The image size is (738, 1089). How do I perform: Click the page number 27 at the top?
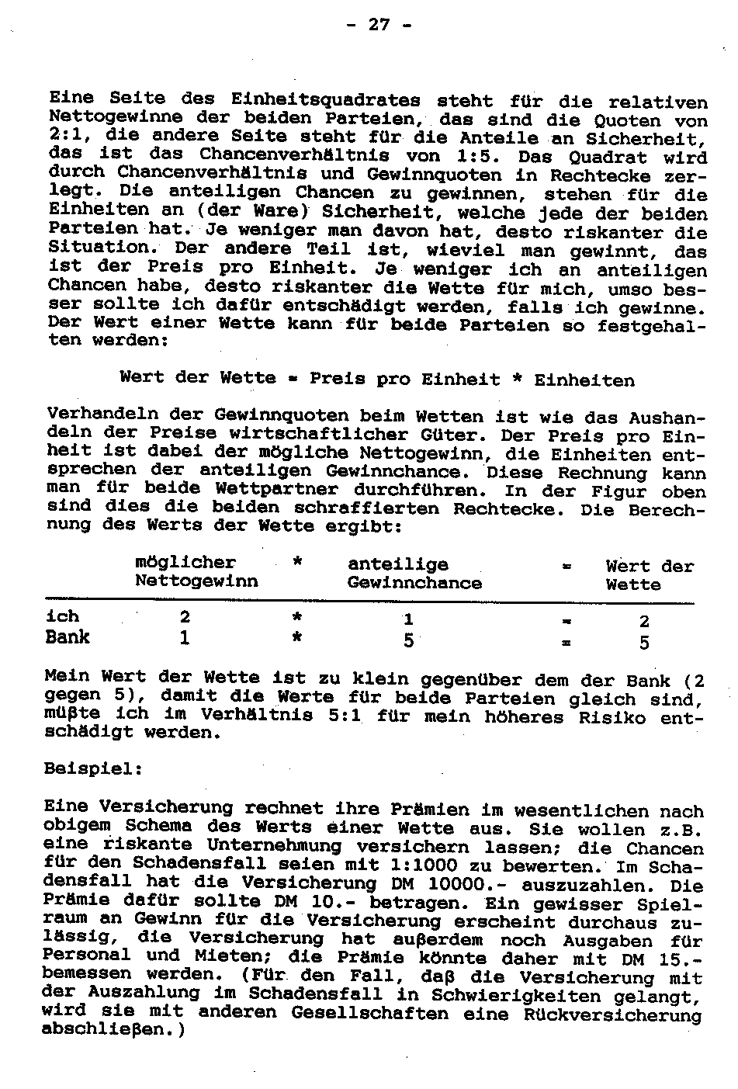[x=378, y=25]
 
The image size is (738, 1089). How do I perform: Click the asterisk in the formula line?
[x=515, y=380]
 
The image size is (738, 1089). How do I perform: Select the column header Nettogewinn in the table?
[x=196, y=581]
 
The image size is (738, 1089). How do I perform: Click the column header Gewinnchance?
[x=414, y=583]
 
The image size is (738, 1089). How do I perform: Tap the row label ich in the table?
[x=63, y=617]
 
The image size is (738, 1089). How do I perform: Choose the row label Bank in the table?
[x=68, y=638]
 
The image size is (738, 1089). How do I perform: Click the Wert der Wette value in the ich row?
[x=644, y=621]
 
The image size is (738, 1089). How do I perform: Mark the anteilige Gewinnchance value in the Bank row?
[x=407, y=641]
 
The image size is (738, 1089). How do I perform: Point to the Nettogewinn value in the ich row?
[x=185, y=618]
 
